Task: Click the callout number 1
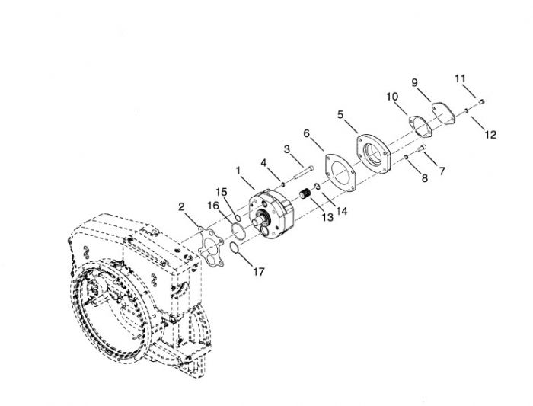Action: point(238,171)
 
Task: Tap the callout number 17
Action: point(259,272)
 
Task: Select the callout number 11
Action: point(460,79)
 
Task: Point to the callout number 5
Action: point(340,114)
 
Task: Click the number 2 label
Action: point(181,206)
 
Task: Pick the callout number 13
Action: point(327,217)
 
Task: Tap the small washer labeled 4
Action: point(282,184)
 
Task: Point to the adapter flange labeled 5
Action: point(374,154)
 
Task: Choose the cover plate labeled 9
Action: point(444,113)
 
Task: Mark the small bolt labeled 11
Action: point(481,101)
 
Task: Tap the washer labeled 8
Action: point(406,157)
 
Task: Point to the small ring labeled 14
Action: point(317,186)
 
